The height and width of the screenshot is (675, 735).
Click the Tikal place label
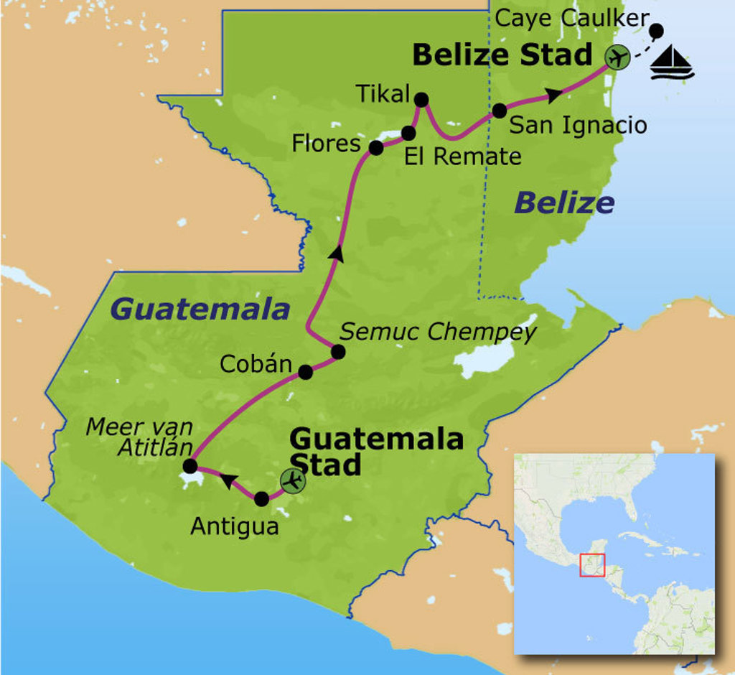(382, 94)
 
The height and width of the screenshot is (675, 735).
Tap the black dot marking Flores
(375, 148)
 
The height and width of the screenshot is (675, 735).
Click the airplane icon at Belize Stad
(617, 56)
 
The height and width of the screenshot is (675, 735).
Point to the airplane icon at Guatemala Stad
(292, 480)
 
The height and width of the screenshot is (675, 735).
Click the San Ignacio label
(578, 125)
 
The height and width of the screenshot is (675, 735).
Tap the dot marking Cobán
(305, 372)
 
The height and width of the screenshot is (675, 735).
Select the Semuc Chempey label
(438, 332)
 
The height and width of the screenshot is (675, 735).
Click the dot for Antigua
(262, 498)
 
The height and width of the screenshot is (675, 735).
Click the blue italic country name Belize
(564, 203)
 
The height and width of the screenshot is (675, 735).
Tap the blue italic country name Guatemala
(200, 309)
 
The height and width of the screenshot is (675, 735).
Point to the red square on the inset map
(592, 564)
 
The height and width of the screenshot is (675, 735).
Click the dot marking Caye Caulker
(656, 30)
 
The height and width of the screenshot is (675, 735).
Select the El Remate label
(462, 157)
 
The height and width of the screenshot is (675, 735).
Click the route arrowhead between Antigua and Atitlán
(228, 481)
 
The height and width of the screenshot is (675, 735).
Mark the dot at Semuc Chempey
(338, 352)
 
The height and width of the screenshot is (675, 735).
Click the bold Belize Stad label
(502, 55)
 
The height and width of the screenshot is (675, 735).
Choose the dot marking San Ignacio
(500, 111)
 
